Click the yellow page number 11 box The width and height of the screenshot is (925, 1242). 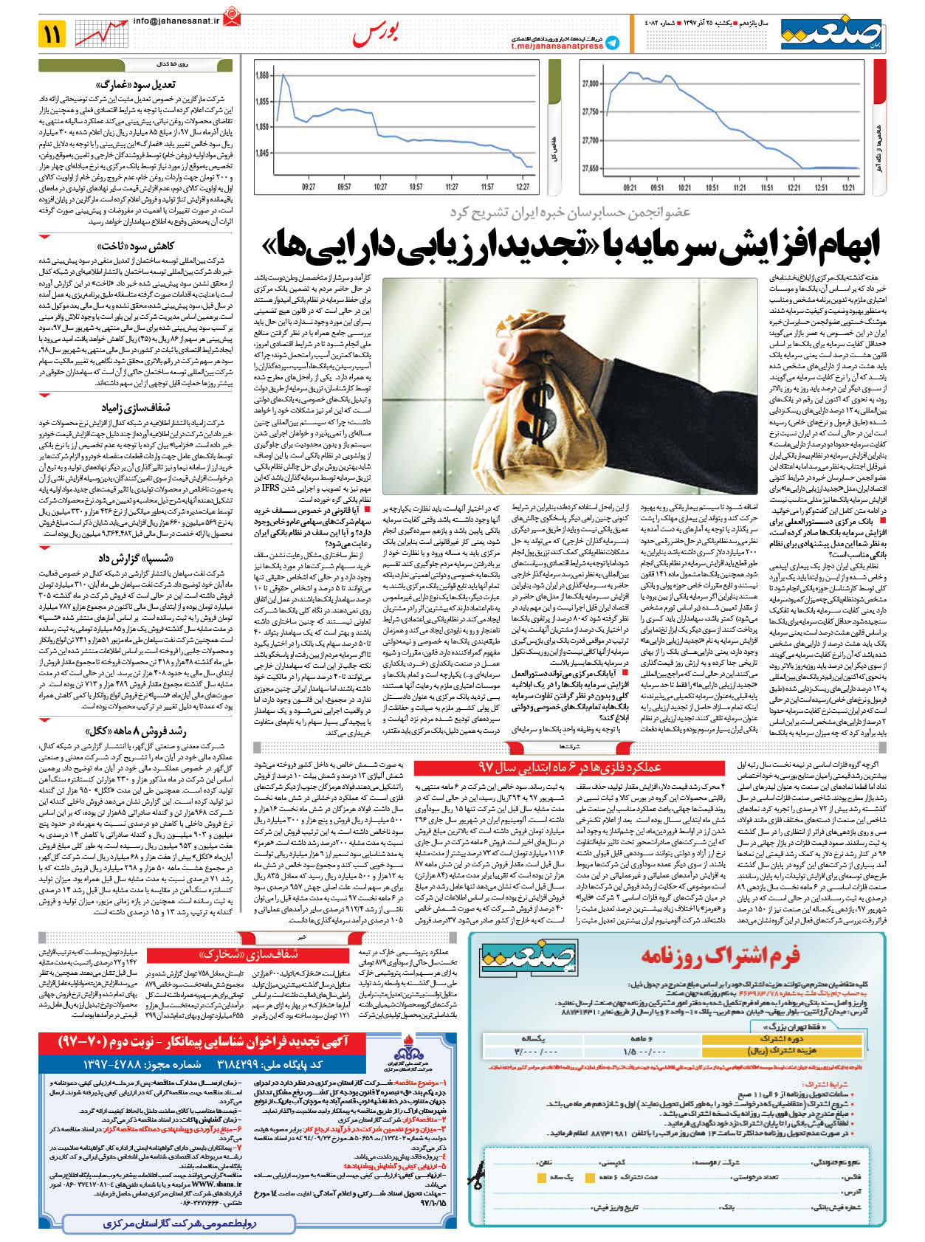(x=55, y=33)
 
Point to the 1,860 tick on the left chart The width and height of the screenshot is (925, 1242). (x=262, y=75)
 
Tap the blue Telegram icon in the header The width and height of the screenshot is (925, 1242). (x=612, y=43)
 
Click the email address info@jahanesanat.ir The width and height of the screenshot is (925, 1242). (x=176, y=21)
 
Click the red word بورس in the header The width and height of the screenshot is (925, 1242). (x=376, y=33)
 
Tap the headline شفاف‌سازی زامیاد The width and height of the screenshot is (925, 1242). (x=136, y=407)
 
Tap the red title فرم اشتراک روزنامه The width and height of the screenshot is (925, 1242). (x=720, y=957)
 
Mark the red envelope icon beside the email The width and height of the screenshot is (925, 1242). (x=233, y=15)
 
